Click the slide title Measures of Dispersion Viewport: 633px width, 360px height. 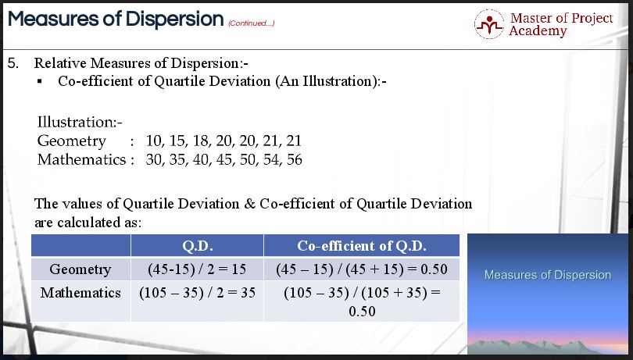click(x=115, y=19)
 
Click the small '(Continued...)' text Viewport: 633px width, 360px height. click(x=251, y=23)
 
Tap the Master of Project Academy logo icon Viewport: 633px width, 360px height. click(x=490, y=24)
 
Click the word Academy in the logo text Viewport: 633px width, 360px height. click(x=538, y=31)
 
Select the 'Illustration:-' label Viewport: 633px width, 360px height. click(x=76, y=123)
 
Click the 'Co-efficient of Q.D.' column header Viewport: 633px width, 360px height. click(x=361, y=246)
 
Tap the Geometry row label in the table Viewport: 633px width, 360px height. click(x=80, y=270)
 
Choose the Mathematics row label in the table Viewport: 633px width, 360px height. click(x=80, y=294)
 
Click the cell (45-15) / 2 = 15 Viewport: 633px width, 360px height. click(x=196, y=270)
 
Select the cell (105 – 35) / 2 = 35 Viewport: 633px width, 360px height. click(x=196, y=294)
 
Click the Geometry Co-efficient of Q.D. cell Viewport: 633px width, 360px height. click(x=361, y=270)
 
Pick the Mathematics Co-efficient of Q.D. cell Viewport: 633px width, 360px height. click(x=361, y=302)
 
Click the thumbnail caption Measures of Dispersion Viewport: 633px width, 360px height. click(x=547, y=275)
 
